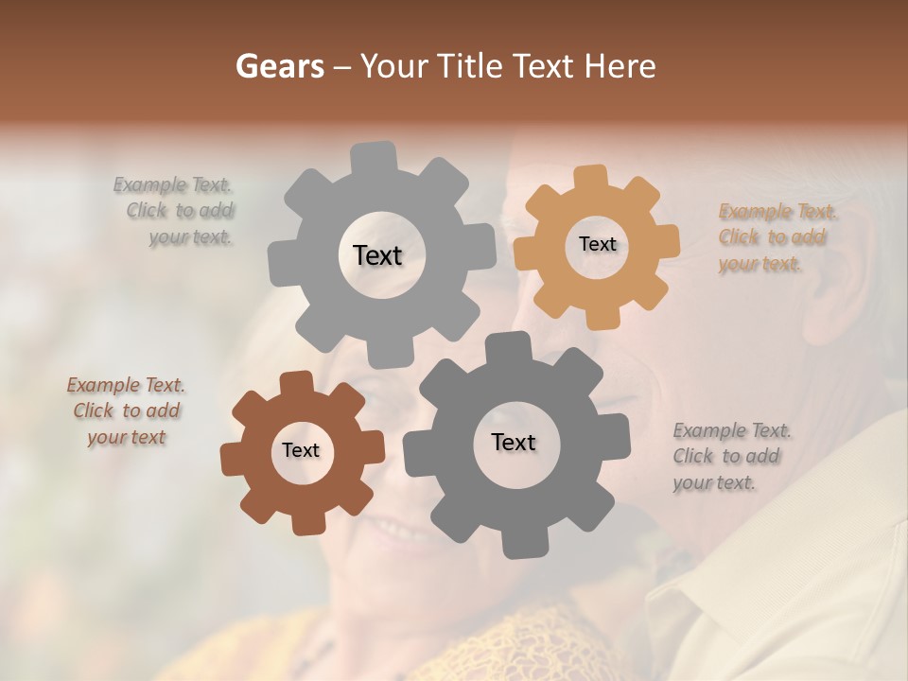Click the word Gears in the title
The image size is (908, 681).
click(x=279, y=66)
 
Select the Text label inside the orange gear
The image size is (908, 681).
click(x=597, y=244)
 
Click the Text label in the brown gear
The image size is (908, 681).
click(x=301, y=450)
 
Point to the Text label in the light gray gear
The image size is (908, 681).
click(x=377, y=255)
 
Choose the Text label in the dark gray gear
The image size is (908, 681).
click(x=514, y=442)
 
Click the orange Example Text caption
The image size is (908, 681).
click(x=777, y=237)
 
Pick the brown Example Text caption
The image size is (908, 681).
click(x=126, y=411)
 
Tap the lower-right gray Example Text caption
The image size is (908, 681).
click(x=730, y=457)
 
